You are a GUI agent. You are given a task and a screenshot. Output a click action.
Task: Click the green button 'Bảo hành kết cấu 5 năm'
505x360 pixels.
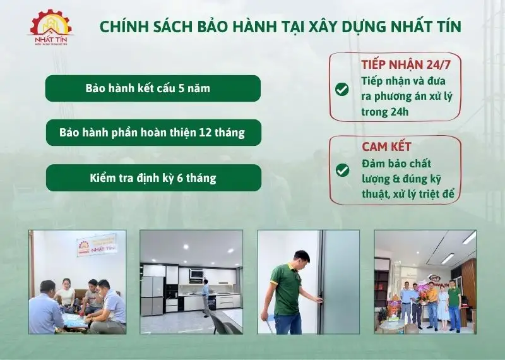[x=153, y=88]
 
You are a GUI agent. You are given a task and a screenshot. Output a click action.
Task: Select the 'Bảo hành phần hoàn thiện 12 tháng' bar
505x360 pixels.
[x=153, y=133]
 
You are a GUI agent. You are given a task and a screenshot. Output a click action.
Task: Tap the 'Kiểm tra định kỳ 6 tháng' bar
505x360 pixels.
[x=153, y=178]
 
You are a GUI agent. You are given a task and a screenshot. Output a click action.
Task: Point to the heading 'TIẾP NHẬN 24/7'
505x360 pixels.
[x=401, y=64]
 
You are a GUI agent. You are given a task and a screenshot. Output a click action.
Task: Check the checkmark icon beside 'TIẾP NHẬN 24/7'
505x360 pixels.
[x=342, y=89]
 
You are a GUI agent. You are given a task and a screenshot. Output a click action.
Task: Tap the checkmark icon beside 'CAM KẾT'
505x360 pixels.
[x=342, y=170]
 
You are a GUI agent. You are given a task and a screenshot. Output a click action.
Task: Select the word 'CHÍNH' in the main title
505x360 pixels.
[x=124, y=27]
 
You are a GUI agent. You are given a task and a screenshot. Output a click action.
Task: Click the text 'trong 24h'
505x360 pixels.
[x=385, y=112]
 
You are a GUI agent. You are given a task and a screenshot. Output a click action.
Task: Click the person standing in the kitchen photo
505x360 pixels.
[x=205, y=297]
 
